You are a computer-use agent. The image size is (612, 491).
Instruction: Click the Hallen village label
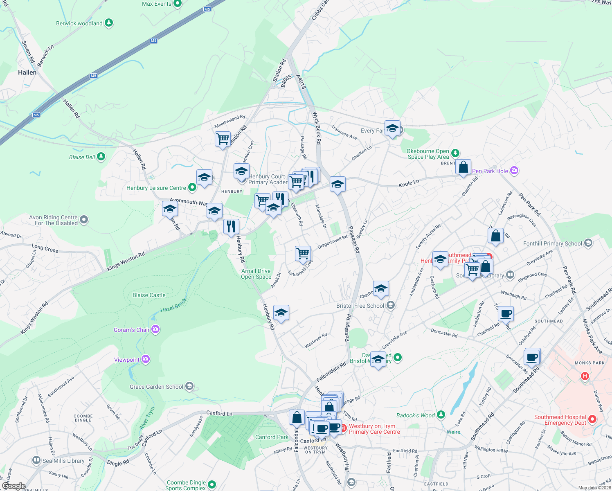click(27, 72)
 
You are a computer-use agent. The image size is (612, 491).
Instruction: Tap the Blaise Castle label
click(149, 295)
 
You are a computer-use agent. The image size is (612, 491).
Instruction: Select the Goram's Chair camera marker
click(155, 329)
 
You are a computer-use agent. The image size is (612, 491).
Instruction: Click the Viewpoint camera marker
click(146, 359)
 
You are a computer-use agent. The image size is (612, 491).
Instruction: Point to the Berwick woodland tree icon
click(109, 23)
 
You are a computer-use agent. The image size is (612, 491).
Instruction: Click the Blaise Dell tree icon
click(101, 157)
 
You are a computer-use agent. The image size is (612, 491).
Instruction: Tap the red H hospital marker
click(585, 376)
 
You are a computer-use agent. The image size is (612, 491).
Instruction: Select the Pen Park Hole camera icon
click(514, 171)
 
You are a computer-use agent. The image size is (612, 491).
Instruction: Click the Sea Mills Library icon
click(36, 460)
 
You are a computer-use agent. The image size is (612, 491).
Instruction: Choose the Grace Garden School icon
click(189, 386)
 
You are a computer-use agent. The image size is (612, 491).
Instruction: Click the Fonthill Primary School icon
click(588, 243)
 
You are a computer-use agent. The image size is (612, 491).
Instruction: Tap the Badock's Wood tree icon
click(441, 415)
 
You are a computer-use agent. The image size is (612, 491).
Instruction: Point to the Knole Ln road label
click(409, 184)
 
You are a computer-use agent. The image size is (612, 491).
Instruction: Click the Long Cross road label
click(45, 248)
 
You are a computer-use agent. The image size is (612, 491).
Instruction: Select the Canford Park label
click(272, 437)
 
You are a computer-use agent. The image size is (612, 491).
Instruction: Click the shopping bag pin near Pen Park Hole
click(463, 167)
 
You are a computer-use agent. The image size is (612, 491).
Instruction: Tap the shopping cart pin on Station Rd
click(223, 139)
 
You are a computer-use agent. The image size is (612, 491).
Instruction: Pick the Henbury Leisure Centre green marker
click(192, 187)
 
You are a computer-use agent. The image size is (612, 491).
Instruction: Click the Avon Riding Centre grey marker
click(84, 220)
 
